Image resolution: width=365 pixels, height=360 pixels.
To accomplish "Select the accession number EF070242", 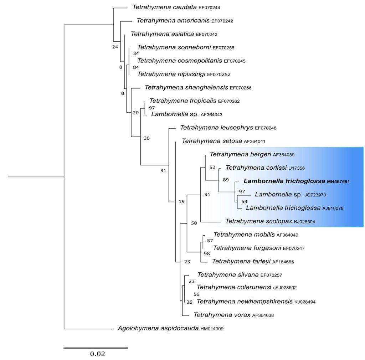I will pos(222,21).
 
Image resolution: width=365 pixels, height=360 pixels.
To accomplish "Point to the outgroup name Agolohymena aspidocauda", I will pos(158,328).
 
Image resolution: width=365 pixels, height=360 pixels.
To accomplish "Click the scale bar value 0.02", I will pos(97,354).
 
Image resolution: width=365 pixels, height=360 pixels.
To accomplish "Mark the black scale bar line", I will pos(96,348).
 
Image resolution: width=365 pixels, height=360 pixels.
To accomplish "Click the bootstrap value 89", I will pos(226,180).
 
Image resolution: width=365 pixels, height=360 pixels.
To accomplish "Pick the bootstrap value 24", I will pos(115,46).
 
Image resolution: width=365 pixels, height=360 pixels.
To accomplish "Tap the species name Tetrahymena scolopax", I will pos(258,221).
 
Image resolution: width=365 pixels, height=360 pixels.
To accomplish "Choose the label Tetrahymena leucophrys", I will pos(217,127).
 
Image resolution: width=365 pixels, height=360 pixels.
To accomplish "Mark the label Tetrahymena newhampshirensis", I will pos(245,302).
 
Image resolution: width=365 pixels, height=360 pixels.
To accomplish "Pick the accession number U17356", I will pos(295,168).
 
